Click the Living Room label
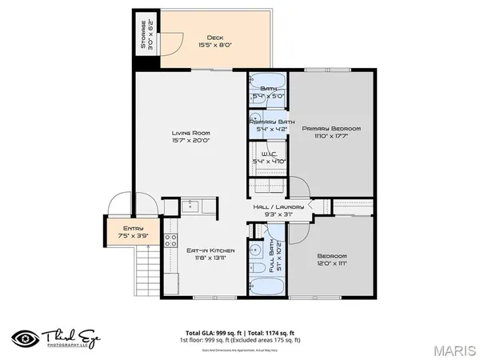click(x=190, y=133)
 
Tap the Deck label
click(x=215, y=37)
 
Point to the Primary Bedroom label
click(x=332, y=128)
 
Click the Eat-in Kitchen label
click(x=206, y=250)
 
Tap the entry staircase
click(x=145, y=270)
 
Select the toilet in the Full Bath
click(x=258, y=266)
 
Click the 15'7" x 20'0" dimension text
click(x=190, y=142)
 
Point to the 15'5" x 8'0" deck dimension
click(x=215, y=46)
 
